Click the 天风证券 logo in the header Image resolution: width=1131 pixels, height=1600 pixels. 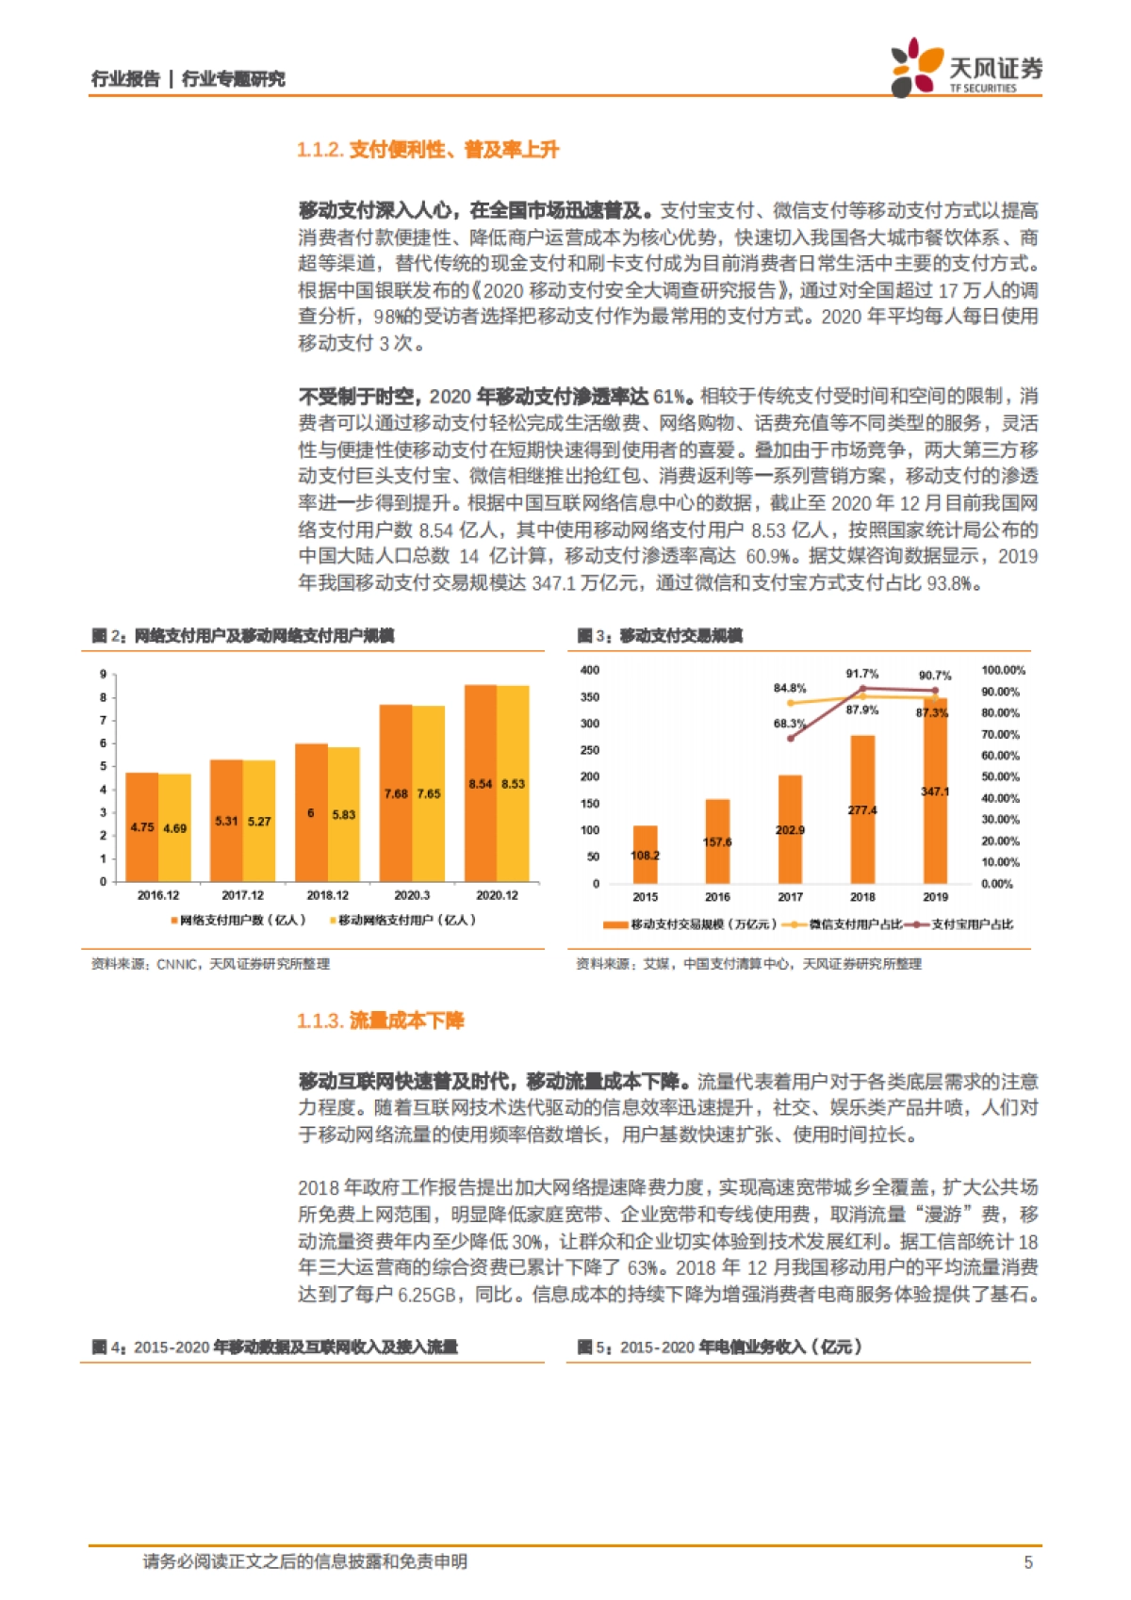point(966,67)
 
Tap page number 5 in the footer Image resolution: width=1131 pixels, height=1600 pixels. point(1028,1561)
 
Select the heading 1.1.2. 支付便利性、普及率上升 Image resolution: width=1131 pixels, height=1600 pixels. point(428,150)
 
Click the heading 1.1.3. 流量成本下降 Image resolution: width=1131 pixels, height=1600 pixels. point(381,1020)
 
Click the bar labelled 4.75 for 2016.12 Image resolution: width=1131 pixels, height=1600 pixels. point(142,826)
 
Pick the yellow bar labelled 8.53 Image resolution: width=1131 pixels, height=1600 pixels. point(513,783)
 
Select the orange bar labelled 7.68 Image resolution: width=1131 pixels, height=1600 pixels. point(396,792)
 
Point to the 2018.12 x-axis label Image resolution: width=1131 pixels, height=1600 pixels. point(327,895)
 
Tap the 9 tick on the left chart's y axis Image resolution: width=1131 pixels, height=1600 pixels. point(104,675)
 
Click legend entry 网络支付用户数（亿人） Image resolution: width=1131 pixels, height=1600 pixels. point(238,920)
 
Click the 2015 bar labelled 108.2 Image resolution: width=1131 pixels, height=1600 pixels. point(646,854)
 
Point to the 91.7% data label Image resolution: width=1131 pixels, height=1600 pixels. point(861,674)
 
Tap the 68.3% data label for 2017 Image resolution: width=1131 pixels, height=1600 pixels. point(789,724)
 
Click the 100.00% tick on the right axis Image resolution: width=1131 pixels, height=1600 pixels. point(1003,670)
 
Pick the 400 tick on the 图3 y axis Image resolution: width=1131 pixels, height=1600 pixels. point(590,670)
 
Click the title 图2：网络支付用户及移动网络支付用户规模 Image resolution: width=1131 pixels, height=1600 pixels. point(243,636)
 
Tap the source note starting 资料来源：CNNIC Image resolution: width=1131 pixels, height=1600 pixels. point(210,964)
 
